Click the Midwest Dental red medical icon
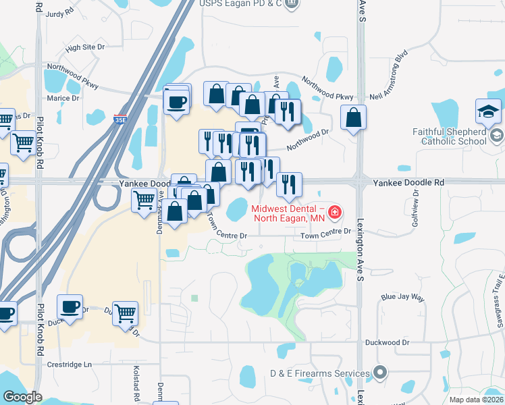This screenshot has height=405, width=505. (334, 215)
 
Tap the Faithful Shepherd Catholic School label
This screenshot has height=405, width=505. (453, 136)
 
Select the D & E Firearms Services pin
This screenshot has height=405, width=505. (380, 373)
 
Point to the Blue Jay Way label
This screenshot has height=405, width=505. (402, 297)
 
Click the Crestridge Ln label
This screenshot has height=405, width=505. (69, 364)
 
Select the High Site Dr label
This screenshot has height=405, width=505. (85, 47)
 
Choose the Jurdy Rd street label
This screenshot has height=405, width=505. (60, 13)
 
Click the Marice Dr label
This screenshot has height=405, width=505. (63, 98)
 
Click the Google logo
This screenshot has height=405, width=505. (22, 397)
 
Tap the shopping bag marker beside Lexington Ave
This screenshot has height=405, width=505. (353, 117)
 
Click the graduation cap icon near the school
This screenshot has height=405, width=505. (489, 110)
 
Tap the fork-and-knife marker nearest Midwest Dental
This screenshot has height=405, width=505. (289, 184)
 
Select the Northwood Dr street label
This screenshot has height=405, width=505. (307, 140)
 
